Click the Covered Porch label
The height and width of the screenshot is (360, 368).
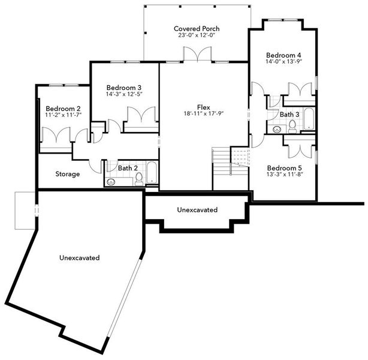click(197, 28)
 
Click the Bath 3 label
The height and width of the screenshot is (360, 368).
click(289, 114)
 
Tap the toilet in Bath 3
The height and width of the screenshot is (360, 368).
click(292, 126)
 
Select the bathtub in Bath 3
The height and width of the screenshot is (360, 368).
click(308, 119)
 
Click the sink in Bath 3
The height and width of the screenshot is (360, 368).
click(277, 128)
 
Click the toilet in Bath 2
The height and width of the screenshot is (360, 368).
click(138, 178)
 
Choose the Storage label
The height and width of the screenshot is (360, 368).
click(68, 174)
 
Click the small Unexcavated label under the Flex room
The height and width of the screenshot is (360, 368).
click(197, 210)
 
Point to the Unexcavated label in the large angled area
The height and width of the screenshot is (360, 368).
click(79, 257)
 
